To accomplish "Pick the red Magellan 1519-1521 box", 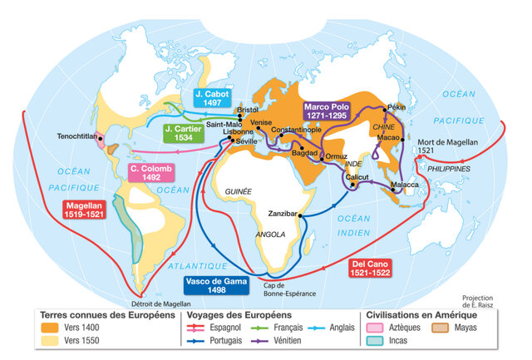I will [x=85, y=209].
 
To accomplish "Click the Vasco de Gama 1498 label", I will [x=217, y=285].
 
